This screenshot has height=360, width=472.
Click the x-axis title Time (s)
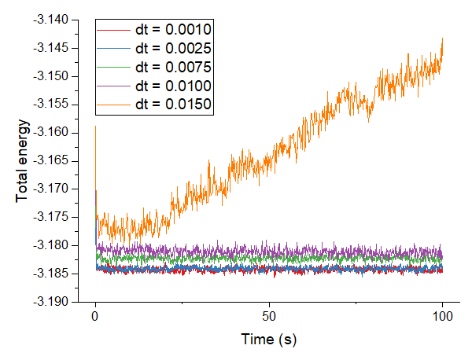[269, 340]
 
